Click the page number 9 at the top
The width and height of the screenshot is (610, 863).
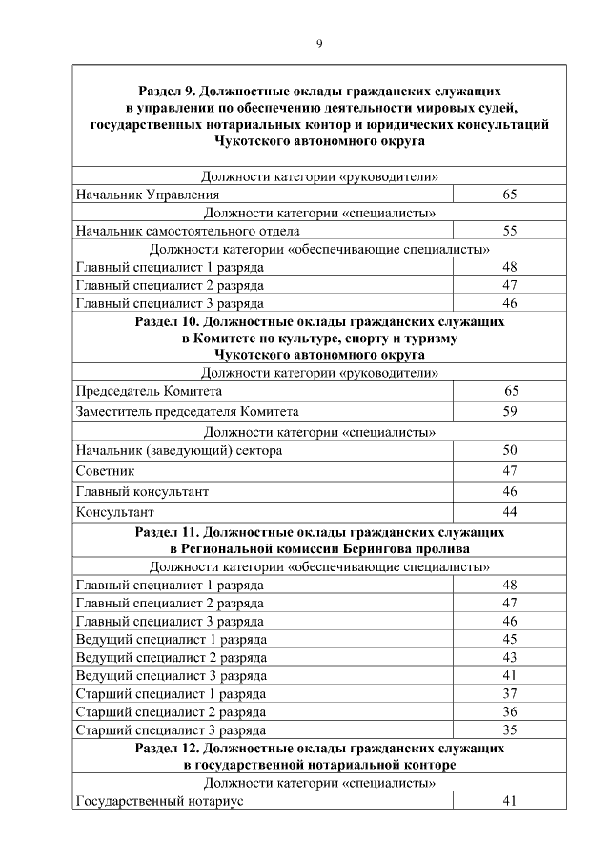pos(319,43)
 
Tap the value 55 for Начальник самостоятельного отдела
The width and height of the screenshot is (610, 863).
pos(509,231)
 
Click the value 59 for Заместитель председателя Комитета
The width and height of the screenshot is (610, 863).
pos(509,412)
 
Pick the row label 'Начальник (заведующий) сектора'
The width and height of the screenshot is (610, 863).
pos(178,450)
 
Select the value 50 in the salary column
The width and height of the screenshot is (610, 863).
pos(509,450)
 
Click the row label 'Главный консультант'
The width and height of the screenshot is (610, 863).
pos(141,491)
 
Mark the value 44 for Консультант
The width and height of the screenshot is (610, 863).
pos(509,512)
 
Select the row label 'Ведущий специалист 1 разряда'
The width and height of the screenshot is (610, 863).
pos(171,639)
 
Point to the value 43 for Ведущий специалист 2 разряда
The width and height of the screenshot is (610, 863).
pos(509,657)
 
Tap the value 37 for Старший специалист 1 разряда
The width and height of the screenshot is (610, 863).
pos(509,693)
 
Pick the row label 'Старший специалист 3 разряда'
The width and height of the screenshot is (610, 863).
pos(170,730)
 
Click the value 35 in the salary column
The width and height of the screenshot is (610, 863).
pos(509,730)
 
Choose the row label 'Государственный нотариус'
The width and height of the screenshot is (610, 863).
pos(159,802)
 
